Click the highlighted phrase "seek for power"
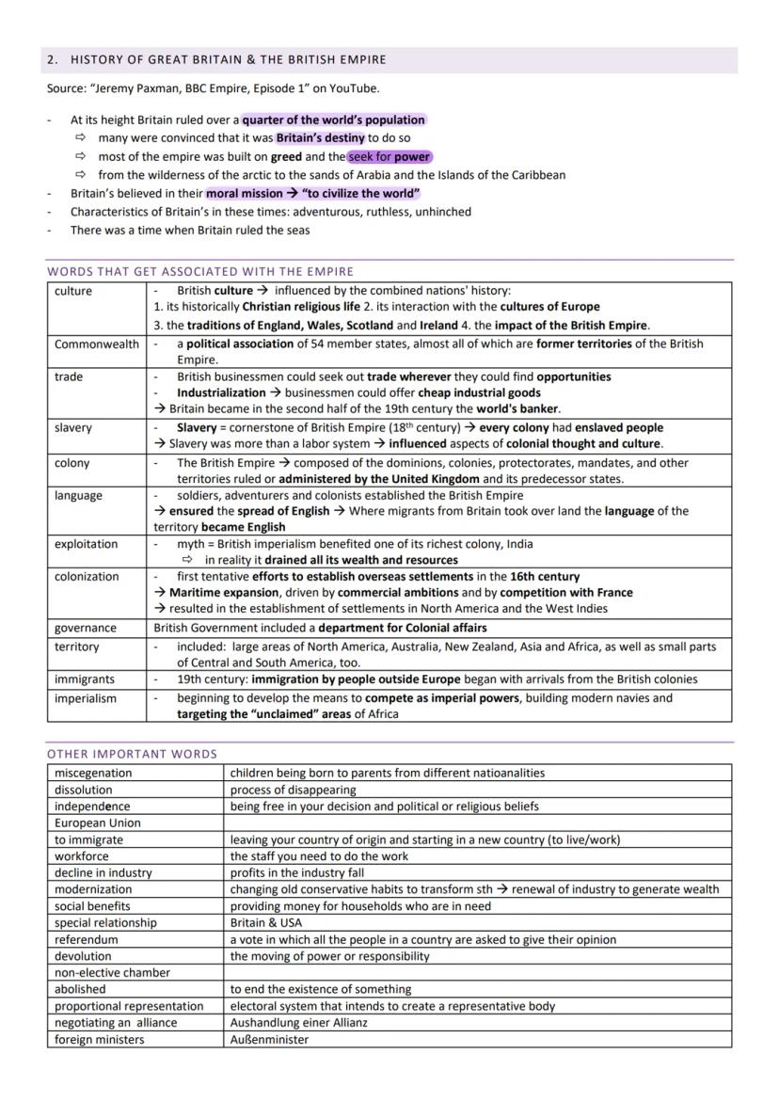389,156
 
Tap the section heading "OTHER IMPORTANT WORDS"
132,754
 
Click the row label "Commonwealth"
96,344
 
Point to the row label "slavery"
73,428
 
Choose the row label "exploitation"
87,545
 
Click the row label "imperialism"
86,698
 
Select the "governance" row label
86,628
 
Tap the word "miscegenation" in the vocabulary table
93,773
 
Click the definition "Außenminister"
269,1040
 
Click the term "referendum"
87,939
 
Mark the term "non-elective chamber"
112,973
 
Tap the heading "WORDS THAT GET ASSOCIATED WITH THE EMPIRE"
200,272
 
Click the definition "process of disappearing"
293,790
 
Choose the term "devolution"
83,956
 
